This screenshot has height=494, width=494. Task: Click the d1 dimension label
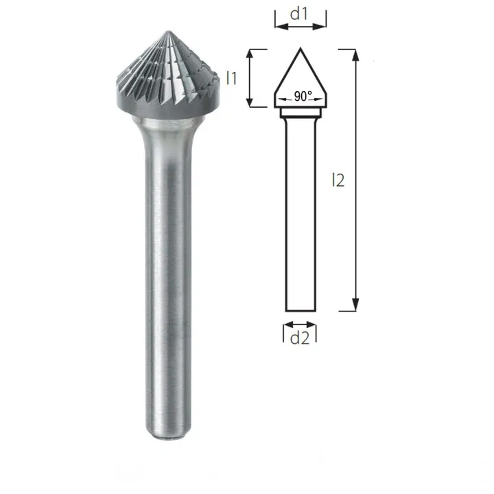click(x=300, y=13)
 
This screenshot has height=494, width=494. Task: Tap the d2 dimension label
click(x=300, y=337)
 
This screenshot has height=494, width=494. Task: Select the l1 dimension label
click(x=232, y=78)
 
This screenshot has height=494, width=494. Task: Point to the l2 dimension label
click(x=337, y=180)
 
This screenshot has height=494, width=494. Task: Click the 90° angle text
click(x=303, y=97)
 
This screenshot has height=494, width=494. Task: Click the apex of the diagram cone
click(x=300, y=48)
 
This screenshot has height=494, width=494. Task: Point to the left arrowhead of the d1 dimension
click(x=278, y=27)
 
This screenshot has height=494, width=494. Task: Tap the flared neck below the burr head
click(x=167, y=127)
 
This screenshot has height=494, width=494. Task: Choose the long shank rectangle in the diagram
click(x=300, y=213)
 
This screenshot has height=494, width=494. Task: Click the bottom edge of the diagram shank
click(x=300, y=311)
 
